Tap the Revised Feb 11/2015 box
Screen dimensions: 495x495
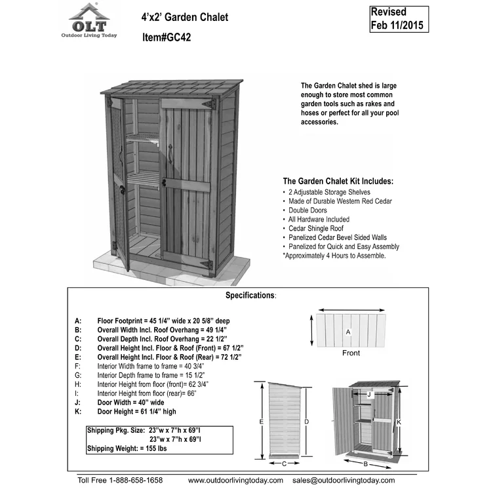[x=398, y=19]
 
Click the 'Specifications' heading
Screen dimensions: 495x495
[x=250, y=296]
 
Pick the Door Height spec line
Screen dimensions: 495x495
[x=136, y=411]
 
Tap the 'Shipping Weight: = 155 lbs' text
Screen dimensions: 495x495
[x=129, y=448]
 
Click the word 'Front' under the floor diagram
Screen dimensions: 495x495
[x=351, y=353]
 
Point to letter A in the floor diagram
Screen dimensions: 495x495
[x=348, y=332]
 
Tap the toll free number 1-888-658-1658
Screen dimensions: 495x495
[x=119, y=481]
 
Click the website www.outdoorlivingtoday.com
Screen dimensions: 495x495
[x=235, y=481]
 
